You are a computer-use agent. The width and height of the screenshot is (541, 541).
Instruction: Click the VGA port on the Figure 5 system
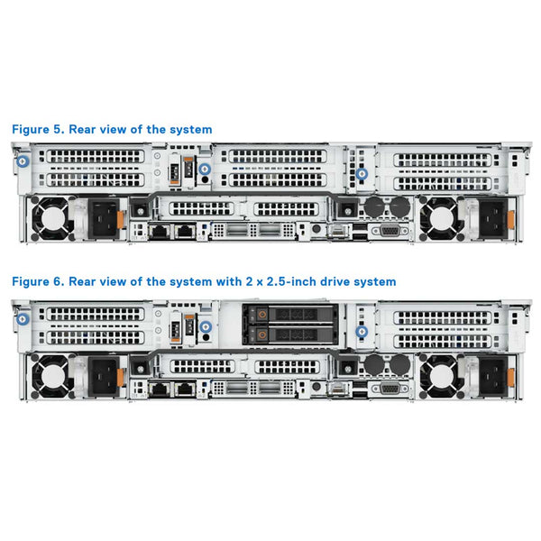pyautogui.click(x=390, y=231)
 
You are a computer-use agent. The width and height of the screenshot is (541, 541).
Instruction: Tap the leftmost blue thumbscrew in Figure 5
pyautogui.click(x=22, y=161)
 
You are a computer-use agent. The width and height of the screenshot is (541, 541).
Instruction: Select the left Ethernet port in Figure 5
pyautogui.click(x=160, y=232)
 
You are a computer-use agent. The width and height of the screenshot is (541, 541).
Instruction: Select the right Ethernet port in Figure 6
pyautogui.click(x=184, y=388)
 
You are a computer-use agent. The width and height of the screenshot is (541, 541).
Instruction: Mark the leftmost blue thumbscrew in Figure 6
pyautogui.click(x=22, y=316)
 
